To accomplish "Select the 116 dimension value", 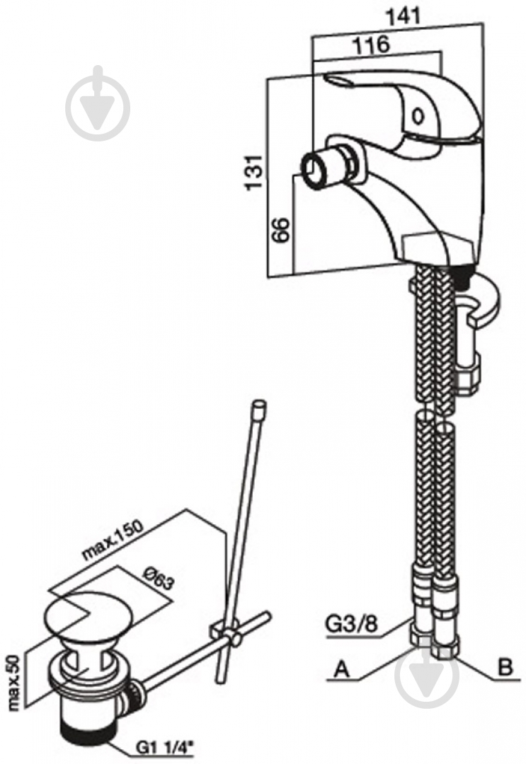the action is click(372, 44).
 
